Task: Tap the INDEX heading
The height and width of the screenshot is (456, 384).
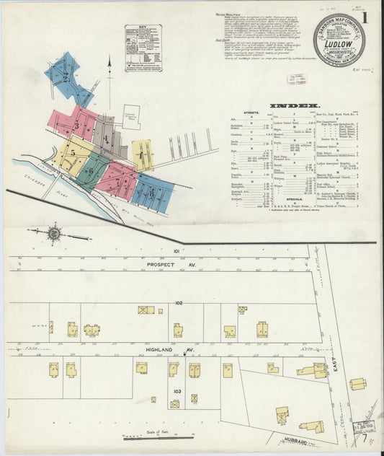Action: click(x=295, y=106)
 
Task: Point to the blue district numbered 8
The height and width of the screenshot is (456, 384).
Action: click(x=152, y=193)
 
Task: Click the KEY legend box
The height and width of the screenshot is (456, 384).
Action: click(x=142, y=48)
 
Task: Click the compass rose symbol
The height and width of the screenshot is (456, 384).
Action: click(x=53, y=233)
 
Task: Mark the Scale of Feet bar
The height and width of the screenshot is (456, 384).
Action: click(x=158, y=437)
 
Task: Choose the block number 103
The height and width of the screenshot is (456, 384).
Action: click(x=176, y=390)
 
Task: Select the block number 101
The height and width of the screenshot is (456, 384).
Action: click(x=175, y=251)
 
